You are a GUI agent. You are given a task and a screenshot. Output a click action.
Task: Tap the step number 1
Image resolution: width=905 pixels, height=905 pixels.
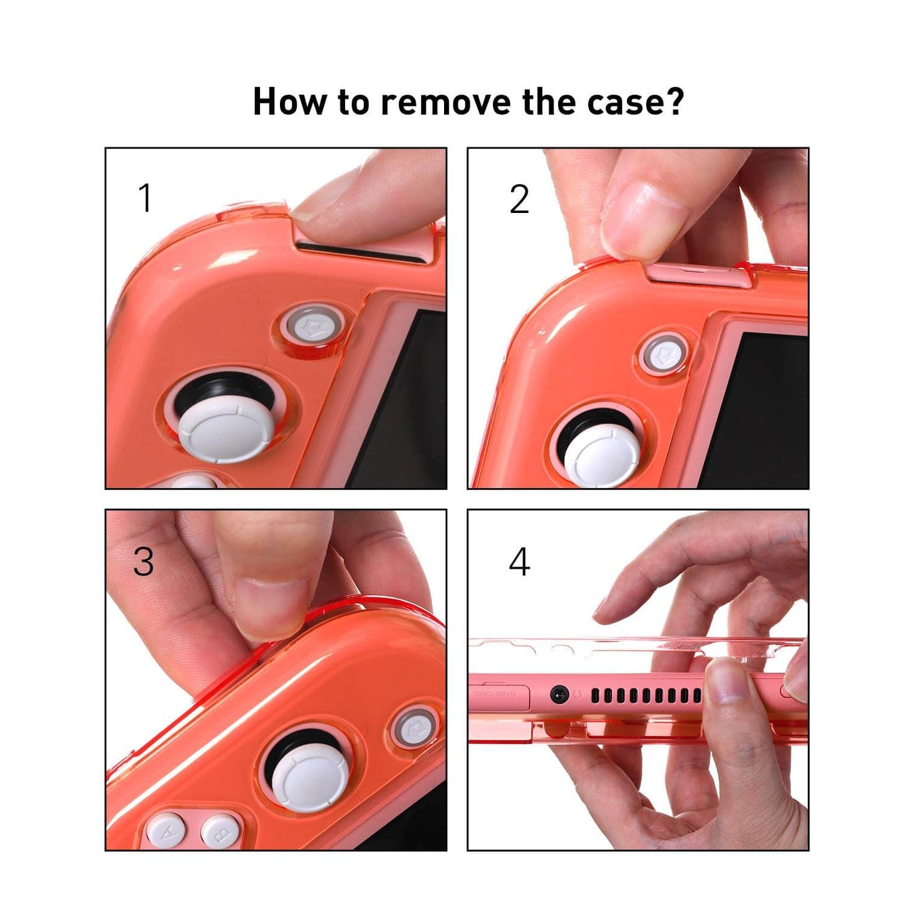point(145,199)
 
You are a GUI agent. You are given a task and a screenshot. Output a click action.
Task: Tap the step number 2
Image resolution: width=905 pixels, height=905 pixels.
point(519,200)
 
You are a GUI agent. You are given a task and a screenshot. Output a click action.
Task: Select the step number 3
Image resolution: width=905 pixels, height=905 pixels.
point(143,561)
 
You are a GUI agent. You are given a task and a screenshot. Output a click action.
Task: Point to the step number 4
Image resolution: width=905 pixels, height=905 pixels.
point(519,562)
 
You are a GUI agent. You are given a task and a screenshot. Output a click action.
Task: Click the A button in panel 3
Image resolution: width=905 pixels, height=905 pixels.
point(166,832)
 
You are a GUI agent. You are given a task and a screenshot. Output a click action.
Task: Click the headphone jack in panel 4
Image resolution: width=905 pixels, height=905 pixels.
point(559,694)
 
